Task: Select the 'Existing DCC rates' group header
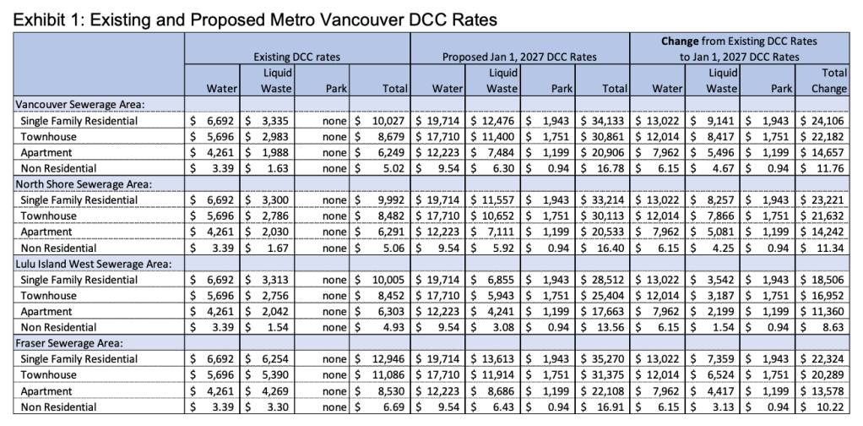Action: click(x=297, y=57)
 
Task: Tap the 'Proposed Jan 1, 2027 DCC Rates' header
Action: click(x=519, y=57)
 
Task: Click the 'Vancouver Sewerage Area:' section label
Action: click(x=81, y=104)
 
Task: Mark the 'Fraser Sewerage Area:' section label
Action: click(x=69, y=343)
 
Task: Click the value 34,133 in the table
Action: click(x=608, y=120)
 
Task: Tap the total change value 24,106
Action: click(x=826, y=120)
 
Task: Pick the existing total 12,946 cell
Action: click(x=388, y=359)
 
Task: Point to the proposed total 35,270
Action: click(x=608, y=359)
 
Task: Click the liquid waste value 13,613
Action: click(x=498, y=359)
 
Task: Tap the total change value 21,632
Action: click(x=826, y=216)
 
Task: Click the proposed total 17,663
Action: click(x=608, y=311)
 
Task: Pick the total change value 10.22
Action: click(x=832, y=407)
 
